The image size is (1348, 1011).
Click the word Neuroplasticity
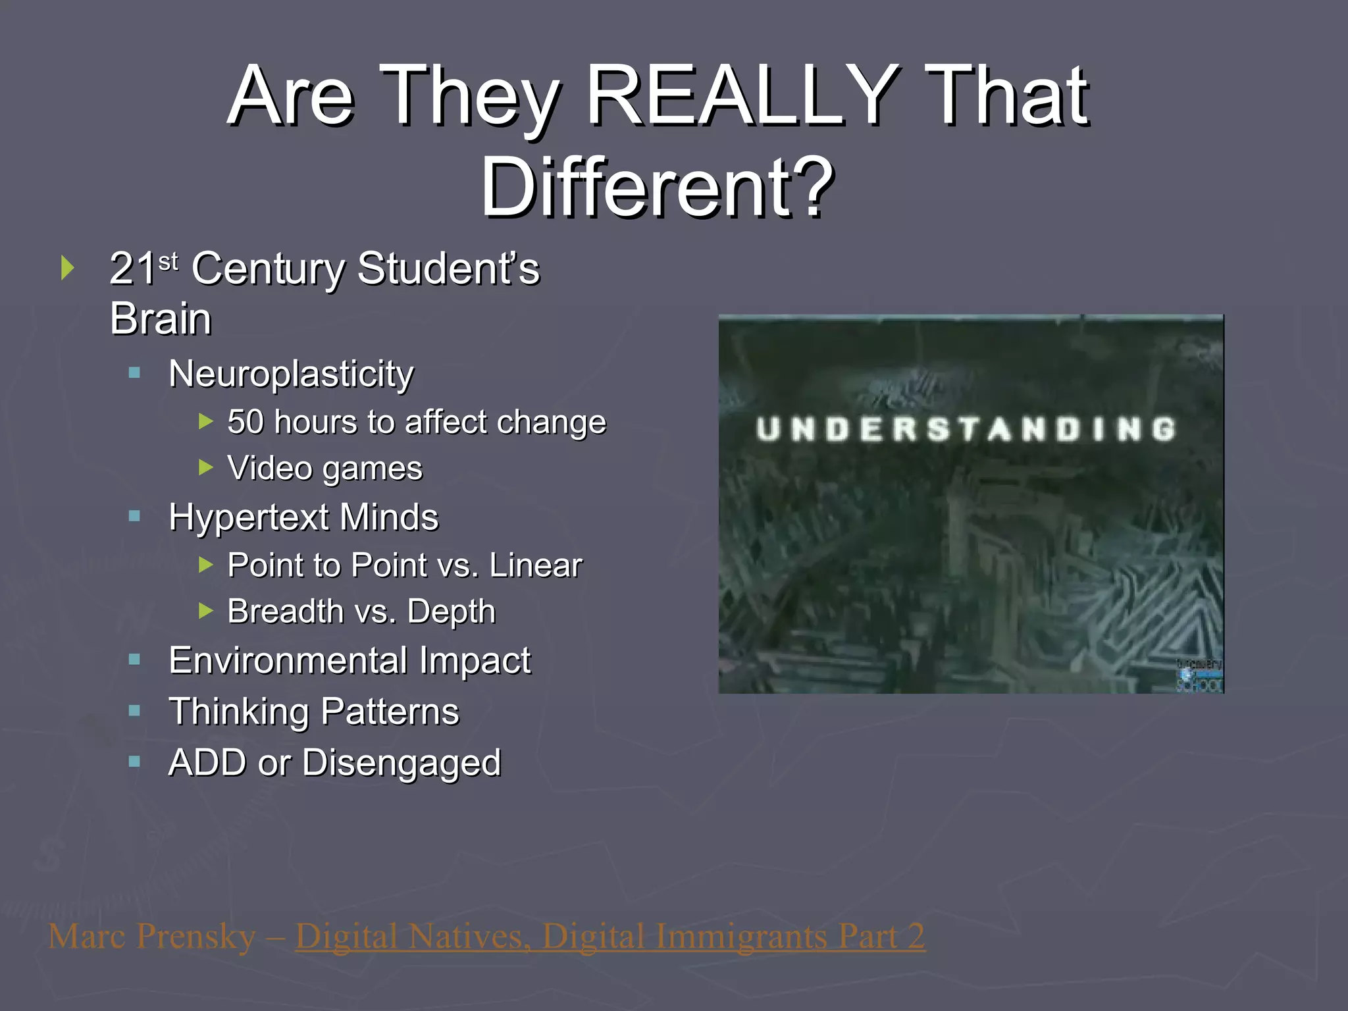[x=291, y=375]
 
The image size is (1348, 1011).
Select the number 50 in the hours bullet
[x=246, y=422]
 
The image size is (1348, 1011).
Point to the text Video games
[x=324, y=469]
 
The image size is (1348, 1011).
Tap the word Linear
[x=535, y=565]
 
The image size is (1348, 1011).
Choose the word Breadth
[x=285, y=611]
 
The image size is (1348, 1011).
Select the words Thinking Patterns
[x=314, y=712]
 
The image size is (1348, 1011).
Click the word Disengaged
[x=401, y=763]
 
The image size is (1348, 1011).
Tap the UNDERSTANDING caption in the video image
[x=966, y=429]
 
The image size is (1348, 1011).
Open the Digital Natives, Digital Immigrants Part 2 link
[x=610, y=937]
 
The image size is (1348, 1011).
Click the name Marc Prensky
[x=152, y=937]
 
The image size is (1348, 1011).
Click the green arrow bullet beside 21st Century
[x=67, y=268]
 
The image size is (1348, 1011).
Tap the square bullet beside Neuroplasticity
[x=135, y=373]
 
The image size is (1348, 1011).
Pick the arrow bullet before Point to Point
[x=206, y=564]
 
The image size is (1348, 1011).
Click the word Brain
[x=161, y=319]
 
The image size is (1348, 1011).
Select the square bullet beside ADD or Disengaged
[x=135, y=762]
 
